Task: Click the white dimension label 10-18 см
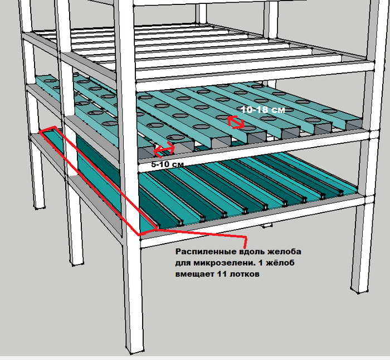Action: pos(263,110)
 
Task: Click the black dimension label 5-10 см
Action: pos(167,164)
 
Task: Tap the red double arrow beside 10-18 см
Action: pos(236,123)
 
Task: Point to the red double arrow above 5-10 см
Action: pos(164,149)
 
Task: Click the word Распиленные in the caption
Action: pos(206,251)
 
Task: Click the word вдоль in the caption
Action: pos(252,251)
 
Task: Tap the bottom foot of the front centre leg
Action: pos(135,349)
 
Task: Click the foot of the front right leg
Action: pos(359,289)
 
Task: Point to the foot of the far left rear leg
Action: pos(40,206)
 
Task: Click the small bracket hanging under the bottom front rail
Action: pos(267,226)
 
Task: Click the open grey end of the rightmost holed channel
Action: pos(354,124)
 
